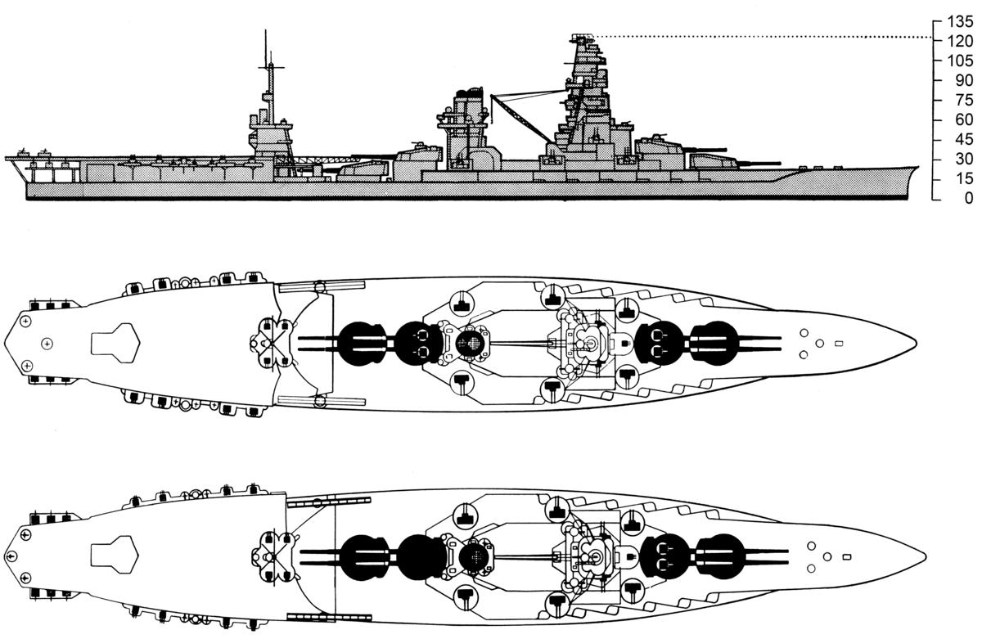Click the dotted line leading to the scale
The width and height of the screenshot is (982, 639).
click(x=761, y=38)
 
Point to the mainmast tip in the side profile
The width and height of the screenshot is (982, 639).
click(x=265, y=31)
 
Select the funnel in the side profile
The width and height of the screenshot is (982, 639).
click(x=466, y=115)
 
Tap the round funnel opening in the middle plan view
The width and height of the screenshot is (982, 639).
click(x=470, y=343)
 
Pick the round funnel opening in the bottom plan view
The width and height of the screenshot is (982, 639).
click(x=473, y=556)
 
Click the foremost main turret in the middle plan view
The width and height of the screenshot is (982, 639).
click(x=714, y=342)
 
